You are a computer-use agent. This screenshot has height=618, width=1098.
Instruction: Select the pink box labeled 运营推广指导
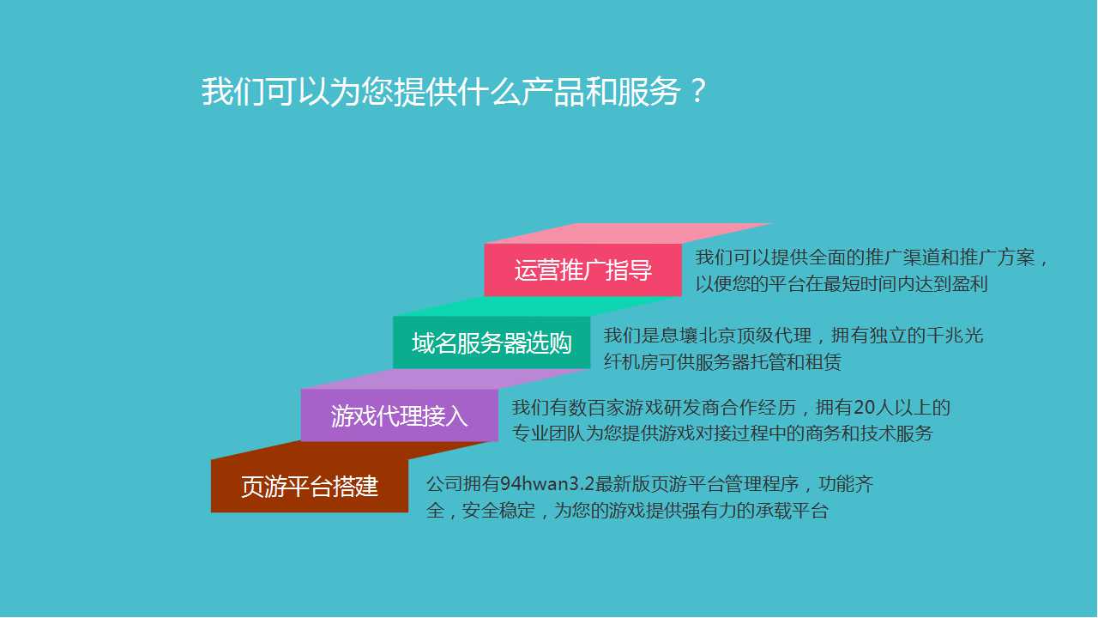(582, 270)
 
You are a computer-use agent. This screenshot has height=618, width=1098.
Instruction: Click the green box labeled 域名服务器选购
(492, 342)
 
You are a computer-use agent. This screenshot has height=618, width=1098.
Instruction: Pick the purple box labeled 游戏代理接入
(400, 415)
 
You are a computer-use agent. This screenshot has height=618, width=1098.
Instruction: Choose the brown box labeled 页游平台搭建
(310, 486)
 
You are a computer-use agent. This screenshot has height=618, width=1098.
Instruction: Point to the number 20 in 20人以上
(864, 408)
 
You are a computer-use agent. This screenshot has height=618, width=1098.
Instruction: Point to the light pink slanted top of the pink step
(627, 233)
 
